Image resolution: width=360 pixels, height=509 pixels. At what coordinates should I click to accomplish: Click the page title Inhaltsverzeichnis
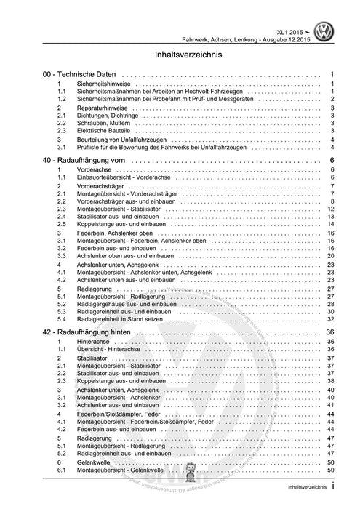(180, 54)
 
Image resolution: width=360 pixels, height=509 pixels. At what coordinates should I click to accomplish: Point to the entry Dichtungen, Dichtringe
(111, 115)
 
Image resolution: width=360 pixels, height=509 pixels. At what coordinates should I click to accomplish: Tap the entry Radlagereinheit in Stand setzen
(125, 318)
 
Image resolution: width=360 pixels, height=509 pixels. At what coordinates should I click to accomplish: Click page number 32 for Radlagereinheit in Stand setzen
(330, 318)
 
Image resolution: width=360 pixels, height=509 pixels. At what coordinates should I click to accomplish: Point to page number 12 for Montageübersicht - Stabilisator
(330, 209)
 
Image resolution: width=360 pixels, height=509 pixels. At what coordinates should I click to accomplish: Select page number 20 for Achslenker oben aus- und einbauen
(330, 256)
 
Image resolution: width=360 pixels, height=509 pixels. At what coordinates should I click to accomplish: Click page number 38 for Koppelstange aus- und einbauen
(330, 381)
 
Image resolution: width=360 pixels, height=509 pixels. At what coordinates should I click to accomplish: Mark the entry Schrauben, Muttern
(109, 122)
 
